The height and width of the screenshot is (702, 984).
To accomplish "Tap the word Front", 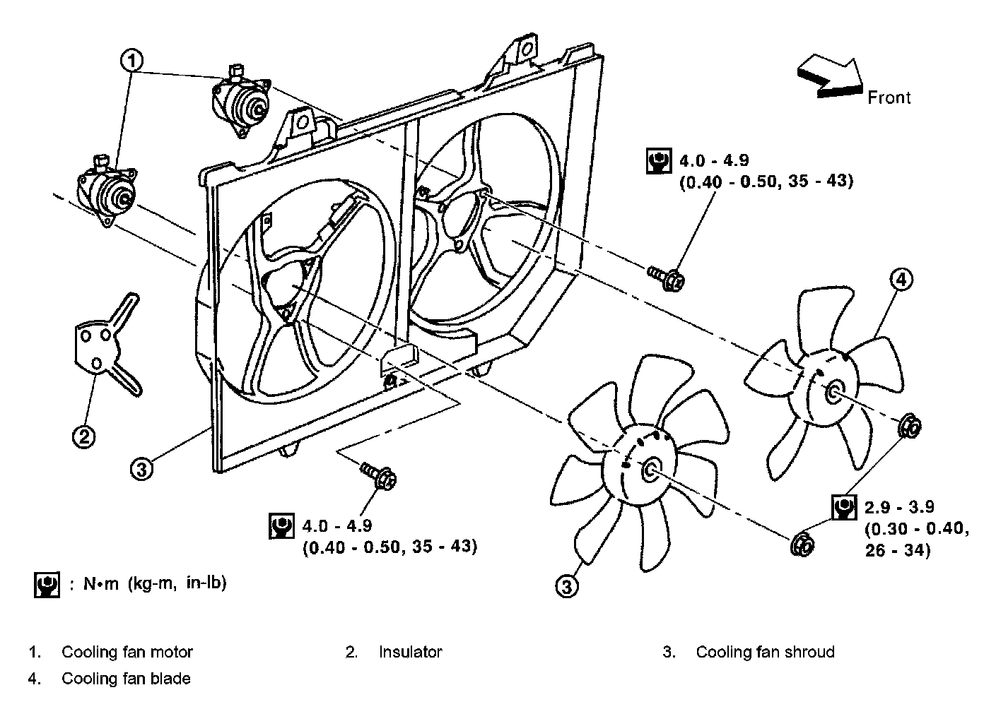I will [889, 97].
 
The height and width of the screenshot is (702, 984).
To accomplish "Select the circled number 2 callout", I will [83, 437].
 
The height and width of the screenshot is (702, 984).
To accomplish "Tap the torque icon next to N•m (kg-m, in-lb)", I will [47, 585].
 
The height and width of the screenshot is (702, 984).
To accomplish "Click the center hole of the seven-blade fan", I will [650, 469].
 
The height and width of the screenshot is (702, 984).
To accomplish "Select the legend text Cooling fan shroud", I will [765, 652].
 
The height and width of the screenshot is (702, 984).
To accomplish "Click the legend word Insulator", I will [410, 652].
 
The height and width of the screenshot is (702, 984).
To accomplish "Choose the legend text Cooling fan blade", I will [126, 679].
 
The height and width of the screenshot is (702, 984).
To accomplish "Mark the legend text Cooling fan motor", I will [127, 652].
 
